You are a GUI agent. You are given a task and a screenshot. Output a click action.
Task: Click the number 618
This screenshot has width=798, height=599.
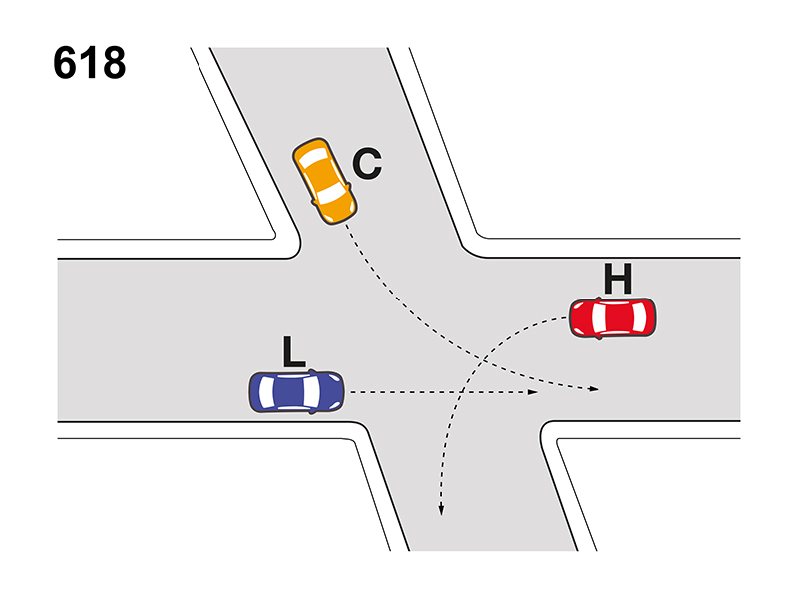(89, 63)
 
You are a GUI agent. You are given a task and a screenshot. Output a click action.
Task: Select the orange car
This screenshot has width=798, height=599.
(325, 181)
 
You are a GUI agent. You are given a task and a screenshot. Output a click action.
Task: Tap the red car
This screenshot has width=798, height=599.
(612, 318)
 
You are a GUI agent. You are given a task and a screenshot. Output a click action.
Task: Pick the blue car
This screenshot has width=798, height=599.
(296, 391)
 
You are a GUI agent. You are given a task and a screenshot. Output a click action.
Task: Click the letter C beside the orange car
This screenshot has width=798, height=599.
(367, 163)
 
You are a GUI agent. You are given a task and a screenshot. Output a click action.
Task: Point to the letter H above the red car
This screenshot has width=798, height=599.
(618, 279)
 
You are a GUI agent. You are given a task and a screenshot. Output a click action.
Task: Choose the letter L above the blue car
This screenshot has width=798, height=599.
(293, 351)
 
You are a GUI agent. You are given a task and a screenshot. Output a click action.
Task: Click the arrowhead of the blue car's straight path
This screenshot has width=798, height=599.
(533, 392)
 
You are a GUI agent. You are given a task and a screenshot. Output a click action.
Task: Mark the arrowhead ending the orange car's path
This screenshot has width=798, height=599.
(594, 389)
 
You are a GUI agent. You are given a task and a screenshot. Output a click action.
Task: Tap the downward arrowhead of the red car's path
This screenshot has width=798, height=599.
(441, 510)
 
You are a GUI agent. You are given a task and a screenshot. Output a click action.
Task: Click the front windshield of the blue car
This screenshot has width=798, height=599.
(312, 391)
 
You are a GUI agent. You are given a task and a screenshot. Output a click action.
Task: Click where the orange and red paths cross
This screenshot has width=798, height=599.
(483, 360)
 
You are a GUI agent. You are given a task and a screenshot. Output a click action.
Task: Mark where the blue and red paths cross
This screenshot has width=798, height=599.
(460, 392)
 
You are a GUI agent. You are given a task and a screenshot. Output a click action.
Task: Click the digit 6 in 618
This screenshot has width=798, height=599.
(65, 63)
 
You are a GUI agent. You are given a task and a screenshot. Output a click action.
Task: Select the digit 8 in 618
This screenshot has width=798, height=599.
(114, 63)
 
